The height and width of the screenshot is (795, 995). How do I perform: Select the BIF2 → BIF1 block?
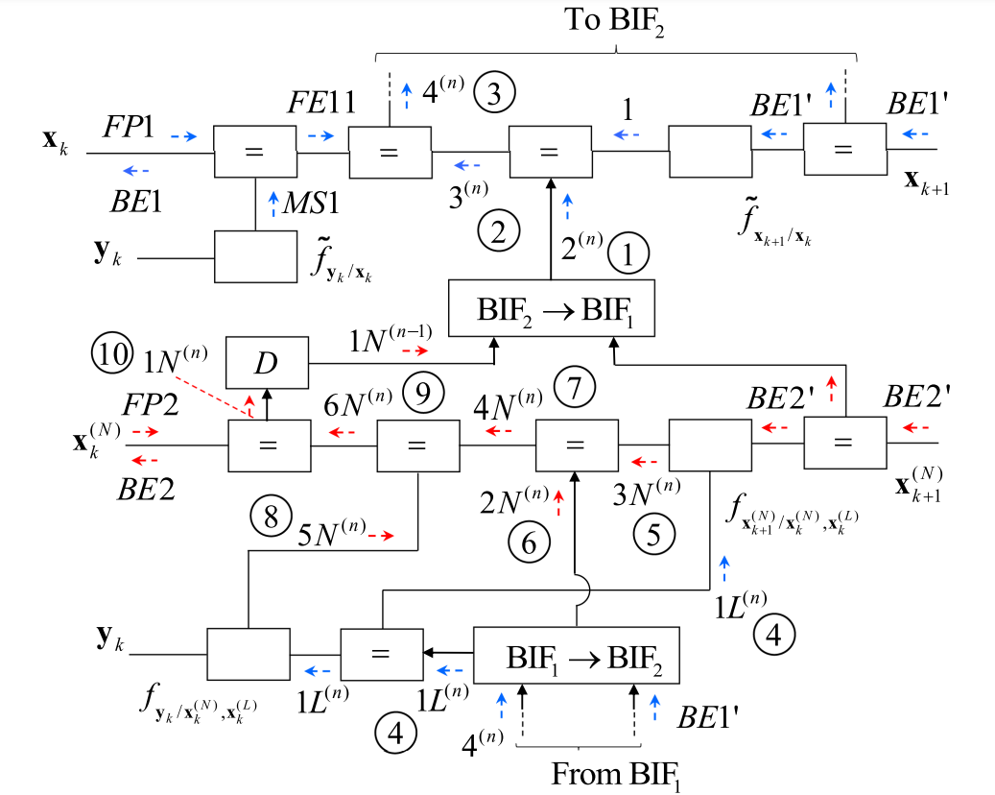coord(549,308)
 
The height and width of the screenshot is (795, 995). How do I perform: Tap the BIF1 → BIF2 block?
coord(577,657)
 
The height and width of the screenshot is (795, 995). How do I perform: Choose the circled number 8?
coord(271,517)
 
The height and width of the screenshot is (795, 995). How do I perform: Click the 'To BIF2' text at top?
coord(614,20)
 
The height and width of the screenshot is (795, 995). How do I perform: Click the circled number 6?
coord(530,543)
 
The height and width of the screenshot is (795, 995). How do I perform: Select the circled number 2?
coord(499,230)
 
